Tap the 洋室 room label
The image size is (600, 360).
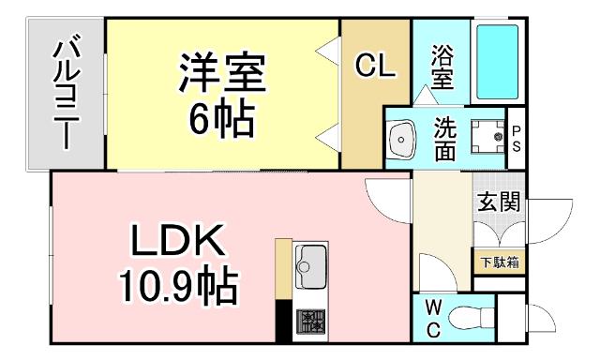coord(223,73)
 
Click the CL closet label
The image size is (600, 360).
coord(375,66)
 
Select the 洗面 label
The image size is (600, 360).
coord(444,138)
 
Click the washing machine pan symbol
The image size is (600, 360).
coord(487,138)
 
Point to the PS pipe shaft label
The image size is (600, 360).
coord(517,138)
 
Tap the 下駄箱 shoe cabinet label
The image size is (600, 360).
coord(499,262)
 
